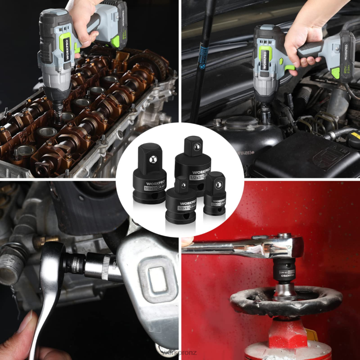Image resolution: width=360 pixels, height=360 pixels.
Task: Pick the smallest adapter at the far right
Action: [x=215, y=193]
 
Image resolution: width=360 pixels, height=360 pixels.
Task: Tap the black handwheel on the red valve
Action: [x=286, y=300]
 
